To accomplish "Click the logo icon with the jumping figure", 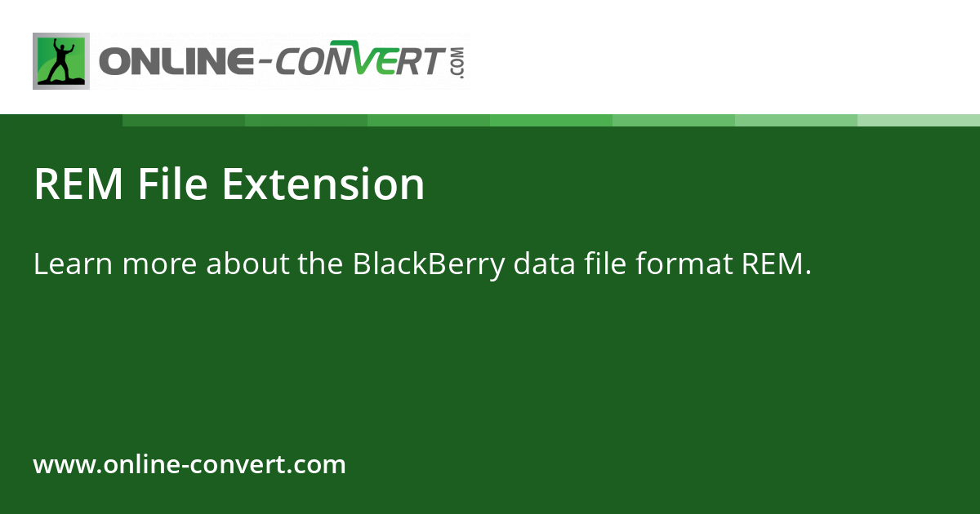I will (x=61, y=61).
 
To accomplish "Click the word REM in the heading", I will (x=78, y=184).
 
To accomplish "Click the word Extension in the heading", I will (x=323, y=184).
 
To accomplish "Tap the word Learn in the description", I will (x=66, y=264).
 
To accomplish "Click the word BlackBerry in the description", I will (x=429, y=264).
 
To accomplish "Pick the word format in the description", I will (x=681, y=264).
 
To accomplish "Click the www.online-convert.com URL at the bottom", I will (x=189, y=465).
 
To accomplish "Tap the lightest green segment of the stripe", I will (x=919, y=120).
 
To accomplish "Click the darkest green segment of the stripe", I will (x=184, y=120).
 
